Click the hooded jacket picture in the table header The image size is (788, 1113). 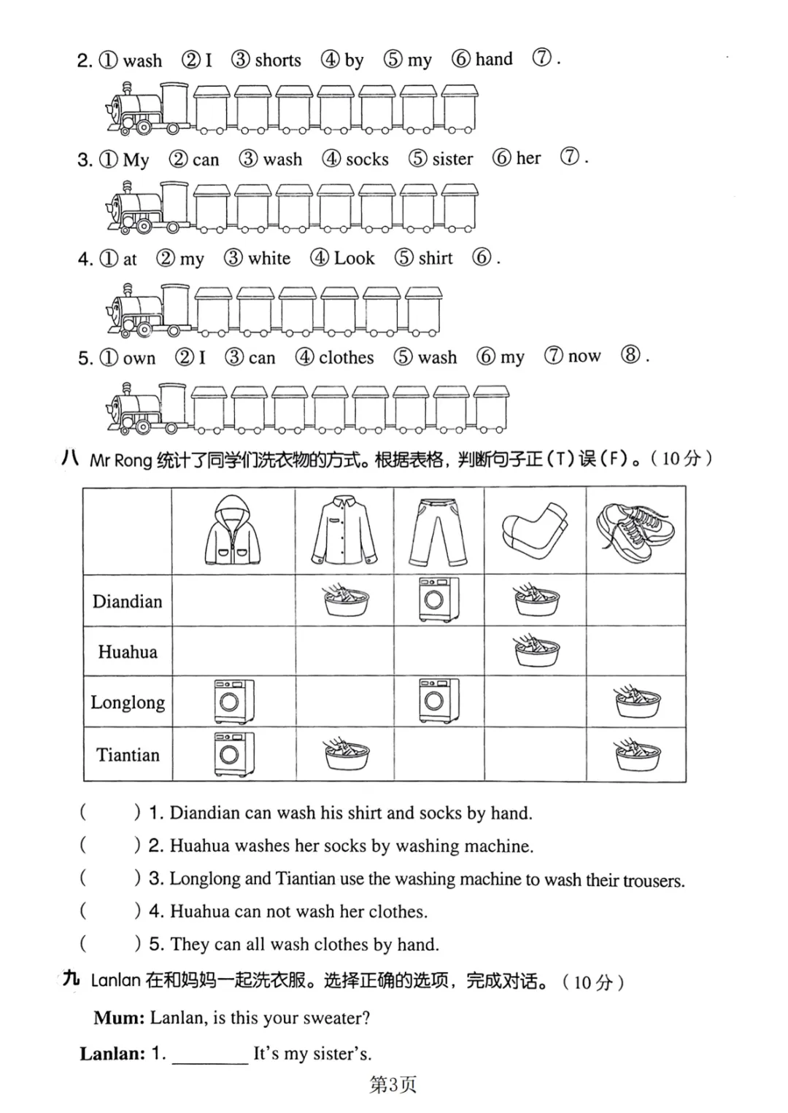click(x=233, y=530)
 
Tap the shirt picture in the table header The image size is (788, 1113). click(x=344, y=530)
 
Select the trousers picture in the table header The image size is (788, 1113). click(x=438, y=530)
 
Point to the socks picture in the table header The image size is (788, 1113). click(x=535, y=530)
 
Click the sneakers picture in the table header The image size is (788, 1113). click(x=636, y=530)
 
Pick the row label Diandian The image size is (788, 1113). click(x=127, y=602)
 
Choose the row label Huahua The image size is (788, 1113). click(x=128, y=652)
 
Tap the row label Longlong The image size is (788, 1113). click(x=128, y=703)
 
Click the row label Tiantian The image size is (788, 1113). click(x=128, y=755)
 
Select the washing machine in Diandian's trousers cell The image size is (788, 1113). click(x=439, y=600)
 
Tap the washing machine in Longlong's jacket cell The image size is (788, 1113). click(x=234, y=702)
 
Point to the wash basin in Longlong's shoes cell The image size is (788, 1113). click(x=637, y=702)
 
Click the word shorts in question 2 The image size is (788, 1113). click(x=278, y=60)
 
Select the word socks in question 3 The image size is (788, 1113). click(x=367, y=159)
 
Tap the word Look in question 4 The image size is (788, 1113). click(x=354, y=258)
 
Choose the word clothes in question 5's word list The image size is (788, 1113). click(x=346, y=357)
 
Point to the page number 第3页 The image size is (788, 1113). click(x=393, y=1085)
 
